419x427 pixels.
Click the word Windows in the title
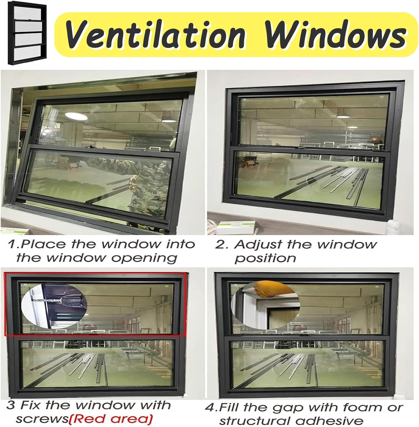[335, 35]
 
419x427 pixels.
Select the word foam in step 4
[357, 407]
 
